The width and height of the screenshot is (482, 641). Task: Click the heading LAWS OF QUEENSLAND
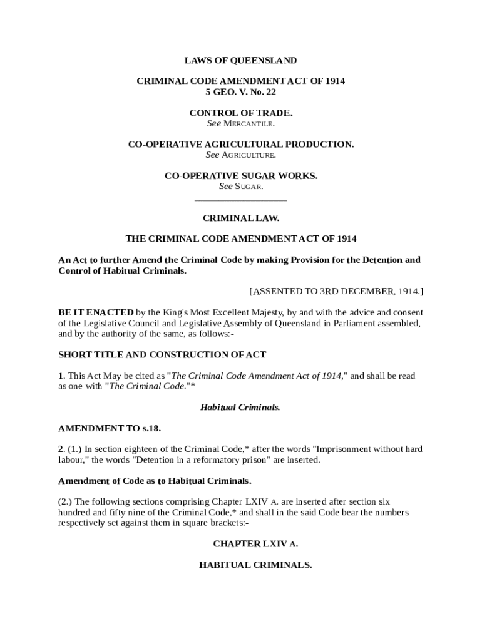tap(240, 61)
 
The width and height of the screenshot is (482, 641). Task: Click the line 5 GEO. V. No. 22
tap(240, 91)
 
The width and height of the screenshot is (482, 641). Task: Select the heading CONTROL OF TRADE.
tap(240, 113)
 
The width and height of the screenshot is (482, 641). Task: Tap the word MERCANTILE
tap(249, 123)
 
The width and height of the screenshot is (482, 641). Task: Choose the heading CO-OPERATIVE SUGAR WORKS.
tap(240, 176)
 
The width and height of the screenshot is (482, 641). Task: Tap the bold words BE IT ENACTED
tap(95, 312)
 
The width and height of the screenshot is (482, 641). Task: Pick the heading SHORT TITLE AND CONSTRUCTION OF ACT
tap(162, 354)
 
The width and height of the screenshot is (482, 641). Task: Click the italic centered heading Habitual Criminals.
tap(240, 408)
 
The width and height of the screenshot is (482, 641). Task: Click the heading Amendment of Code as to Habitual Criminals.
tap(155, 481)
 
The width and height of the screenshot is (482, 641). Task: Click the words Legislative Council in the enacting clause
tap(119, 323)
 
